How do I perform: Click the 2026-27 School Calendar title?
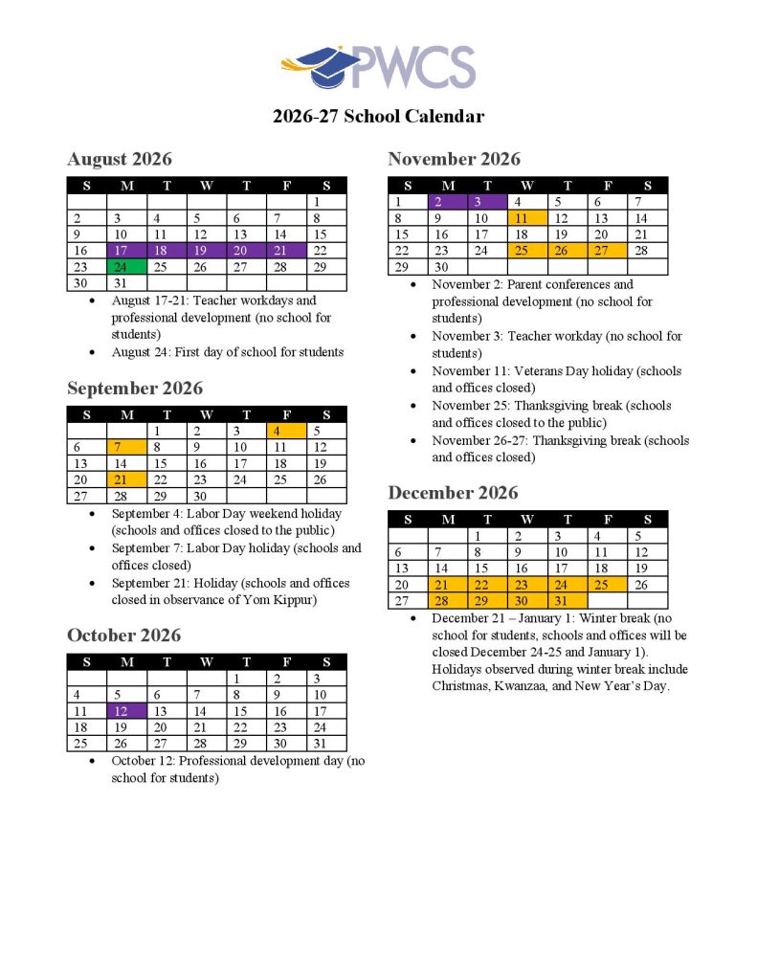[x=378, y=117]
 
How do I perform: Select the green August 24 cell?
[x=127, y=266]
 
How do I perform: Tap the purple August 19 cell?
[x=207, y=250]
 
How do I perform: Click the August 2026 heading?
[x=120, y=159]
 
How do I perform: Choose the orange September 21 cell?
[x=127, y=479]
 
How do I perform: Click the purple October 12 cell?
[x=127, y=711]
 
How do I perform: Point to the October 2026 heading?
[x=123, y=635]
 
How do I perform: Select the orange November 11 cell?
[x=527, y=217]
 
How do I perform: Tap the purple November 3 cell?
[x=487, y=201]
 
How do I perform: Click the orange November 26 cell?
[x=568, y=250]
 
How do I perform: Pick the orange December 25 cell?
[x=607, y=584]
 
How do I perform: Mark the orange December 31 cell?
[x=568, y=600]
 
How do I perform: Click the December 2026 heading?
[x=453, y=493]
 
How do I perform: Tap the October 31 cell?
[x=326, y=744]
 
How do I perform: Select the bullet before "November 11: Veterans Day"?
[x=412, y=371]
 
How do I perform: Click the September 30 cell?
[x=207, y=496]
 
